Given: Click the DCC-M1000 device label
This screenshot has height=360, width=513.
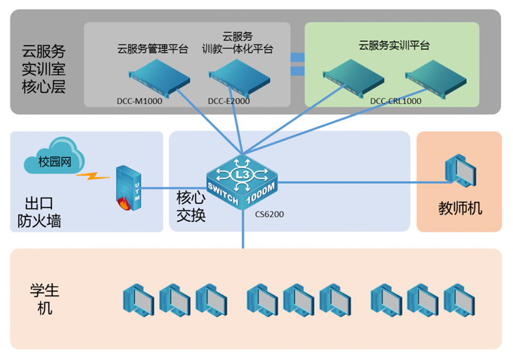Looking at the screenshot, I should tap(139, 101).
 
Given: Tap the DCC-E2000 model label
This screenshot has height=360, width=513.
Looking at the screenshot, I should tap(228, 101).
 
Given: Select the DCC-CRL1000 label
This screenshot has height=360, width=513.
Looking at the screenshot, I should tap(396, 101).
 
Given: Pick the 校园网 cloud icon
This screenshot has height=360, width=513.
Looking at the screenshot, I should tap(52, 159).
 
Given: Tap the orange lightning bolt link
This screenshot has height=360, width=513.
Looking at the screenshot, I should tap(92, 175).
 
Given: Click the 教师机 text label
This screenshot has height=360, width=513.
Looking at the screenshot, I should tap(460, 208).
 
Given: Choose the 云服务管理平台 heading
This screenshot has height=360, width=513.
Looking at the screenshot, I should tap(152, 49).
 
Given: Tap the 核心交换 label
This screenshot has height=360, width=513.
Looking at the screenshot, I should tap(191, 206).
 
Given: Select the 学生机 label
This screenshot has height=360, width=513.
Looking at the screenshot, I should tap(44, 298).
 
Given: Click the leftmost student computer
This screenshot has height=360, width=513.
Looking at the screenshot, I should tap(138, 299).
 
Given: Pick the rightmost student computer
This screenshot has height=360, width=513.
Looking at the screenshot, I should tap(459, 299).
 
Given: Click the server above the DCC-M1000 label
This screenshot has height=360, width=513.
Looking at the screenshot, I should tap(160, 76).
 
